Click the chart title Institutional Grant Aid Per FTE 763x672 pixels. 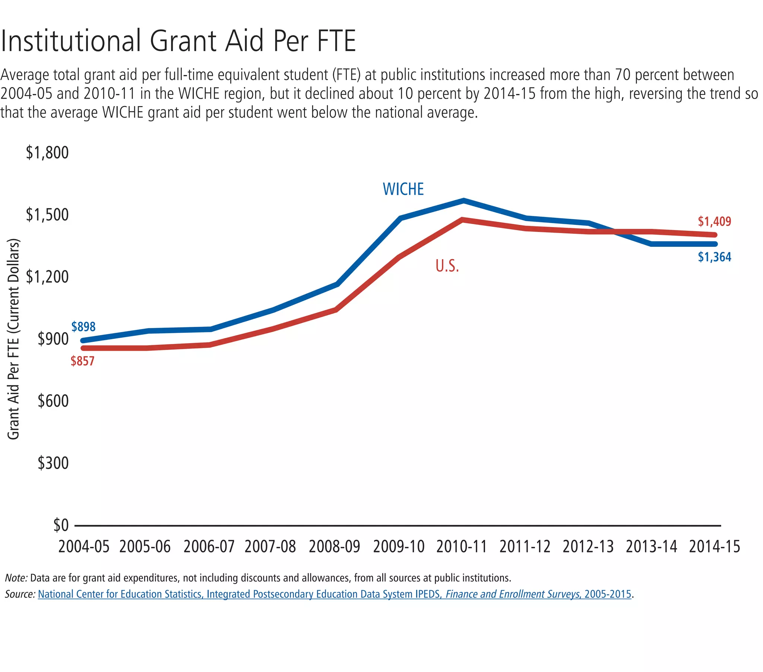point(178,41)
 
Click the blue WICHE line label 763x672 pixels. point(403,189)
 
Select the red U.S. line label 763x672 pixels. point(447,266)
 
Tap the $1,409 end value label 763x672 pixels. point(714,221)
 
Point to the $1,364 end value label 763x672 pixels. point(714,257)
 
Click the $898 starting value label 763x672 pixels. point(83,327)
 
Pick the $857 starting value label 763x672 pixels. point(82,361)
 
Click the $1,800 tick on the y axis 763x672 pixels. point(47,153)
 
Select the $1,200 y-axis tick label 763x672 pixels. point(47,277)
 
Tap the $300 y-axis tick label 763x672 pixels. point(53,463)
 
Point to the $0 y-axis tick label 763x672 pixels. point(61,525)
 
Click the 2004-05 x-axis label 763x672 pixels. point(83,547)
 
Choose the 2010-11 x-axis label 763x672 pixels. point(462,547)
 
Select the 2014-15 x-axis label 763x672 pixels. point(714,547)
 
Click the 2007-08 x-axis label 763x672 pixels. point(270,547)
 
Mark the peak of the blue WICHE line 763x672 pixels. point(463,201)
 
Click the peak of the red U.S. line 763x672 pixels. point(462,220)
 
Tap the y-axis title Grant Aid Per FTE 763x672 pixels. point(13,339)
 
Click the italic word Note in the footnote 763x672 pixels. point(16,578)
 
